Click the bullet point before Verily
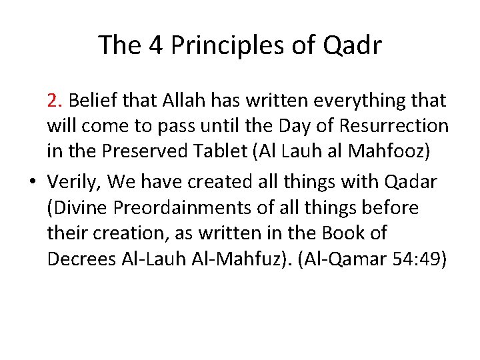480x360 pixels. [33, 181]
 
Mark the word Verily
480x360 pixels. [72, 181]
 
